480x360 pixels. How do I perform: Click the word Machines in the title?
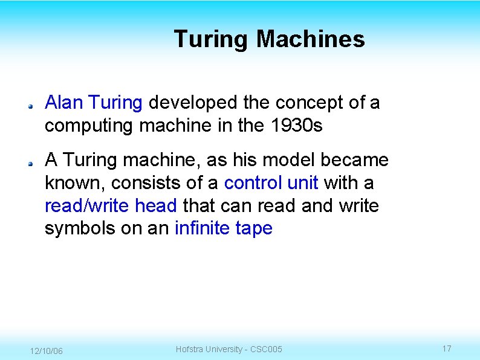[311, 39]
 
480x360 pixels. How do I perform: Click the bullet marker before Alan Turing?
[30, 105]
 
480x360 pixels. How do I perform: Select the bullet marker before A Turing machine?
[30, 162]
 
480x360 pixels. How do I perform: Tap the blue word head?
[155, 206]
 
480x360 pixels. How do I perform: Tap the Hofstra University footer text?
[229, 349]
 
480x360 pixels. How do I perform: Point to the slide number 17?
[447, 349]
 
